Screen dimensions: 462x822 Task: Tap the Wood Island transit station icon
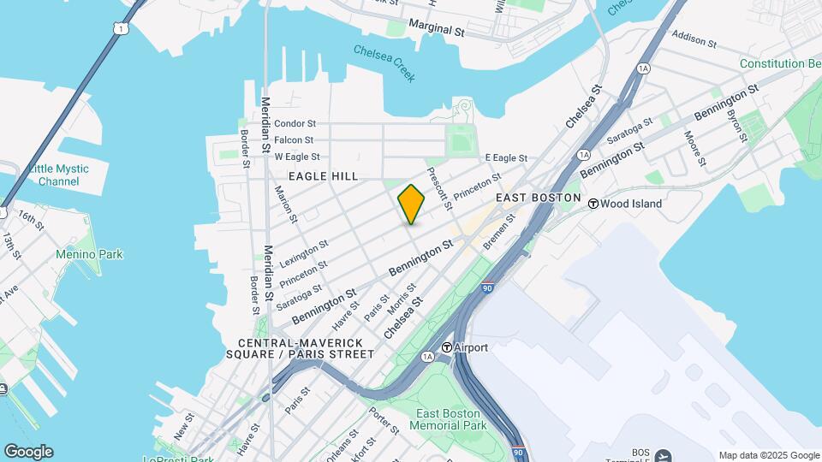593,204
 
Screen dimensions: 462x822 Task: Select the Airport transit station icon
447,347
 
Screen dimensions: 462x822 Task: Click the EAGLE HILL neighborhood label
323,175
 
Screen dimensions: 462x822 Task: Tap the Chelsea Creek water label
384,62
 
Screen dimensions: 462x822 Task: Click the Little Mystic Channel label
59,175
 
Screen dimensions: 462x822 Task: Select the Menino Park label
89,254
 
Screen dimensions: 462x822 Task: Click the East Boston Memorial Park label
450,419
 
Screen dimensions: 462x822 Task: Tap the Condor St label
295,123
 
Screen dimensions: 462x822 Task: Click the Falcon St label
295,139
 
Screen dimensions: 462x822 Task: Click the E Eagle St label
506,158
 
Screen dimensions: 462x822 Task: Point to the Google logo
28,452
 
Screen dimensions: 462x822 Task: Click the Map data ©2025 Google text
769,455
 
